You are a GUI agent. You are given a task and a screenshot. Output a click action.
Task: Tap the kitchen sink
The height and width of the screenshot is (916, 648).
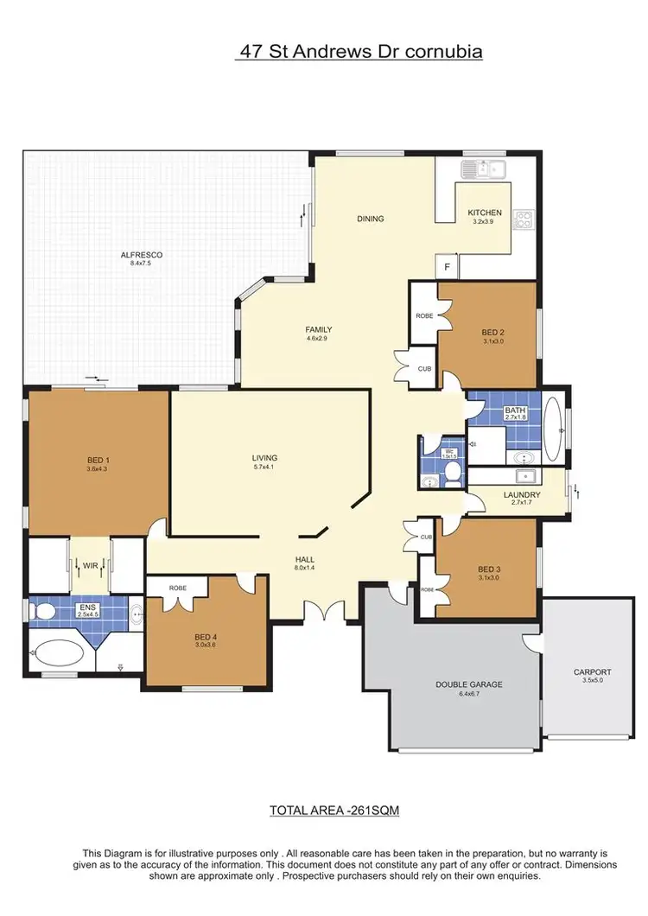click(484, 169)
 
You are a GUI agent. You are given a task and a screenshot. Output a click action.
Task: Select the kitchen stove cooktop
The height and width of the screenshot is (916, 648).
click(524, 220)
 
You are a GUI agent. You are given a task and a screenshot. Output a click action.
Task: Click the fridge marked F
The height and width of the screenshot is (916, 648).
click(447, 268)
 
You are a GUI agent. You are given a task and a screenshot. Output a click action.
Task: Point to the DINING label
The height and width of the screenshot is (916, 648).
click(370, 219)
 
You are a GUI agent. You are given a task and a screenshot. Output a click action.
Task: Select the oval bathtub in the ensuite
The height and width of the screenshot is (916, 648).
click(56, 649)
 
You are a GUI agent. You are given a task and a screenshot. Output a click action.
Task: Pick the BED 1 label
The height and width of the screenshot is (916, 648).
click(98, 460)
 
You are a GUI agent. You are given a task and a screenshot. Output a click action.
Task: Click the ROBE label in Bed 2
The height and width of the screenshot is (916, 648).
click(423, 316)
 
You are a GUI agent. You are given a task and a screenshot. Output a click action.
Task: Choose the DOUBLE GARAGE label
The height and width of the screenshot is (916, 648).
click(468, 684)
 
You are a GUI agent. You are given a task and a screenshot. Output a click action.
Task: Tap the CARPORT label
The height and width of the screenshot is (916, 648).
click(592, 671)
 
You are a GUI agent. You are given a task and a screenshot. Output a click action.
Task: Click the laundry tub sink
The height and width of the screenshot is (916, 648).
click(523, 476)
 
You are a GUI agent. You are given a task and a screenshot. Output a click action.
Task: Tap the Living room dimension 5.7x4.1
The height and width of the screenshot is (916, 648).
click(264, 467)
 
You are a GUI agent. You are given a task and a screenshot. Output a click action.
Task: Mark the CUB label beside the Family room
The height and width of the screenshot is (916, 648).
click(424, 369)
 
